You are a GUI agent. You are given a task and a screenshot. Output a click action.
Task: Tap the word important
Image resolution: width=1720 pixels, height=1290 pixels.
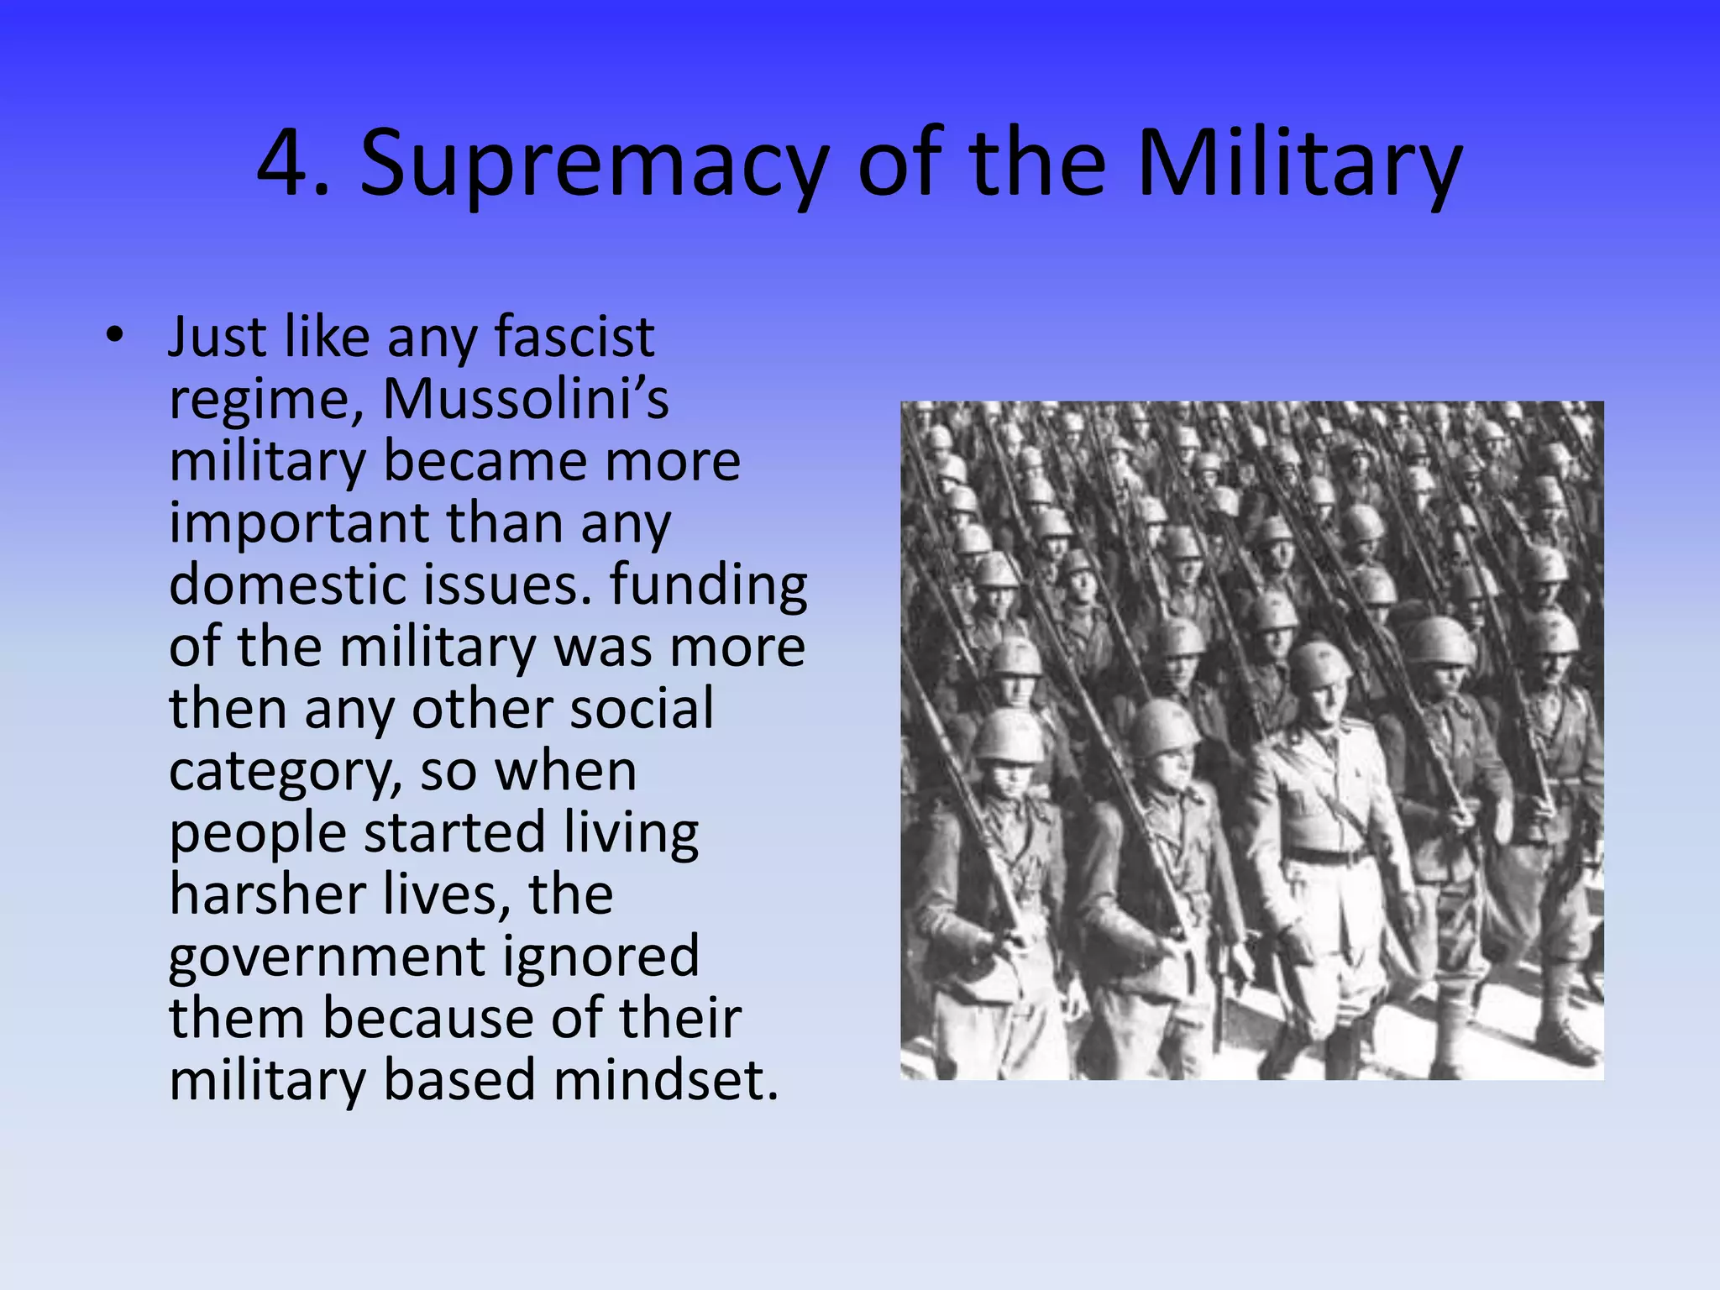click(299, 524)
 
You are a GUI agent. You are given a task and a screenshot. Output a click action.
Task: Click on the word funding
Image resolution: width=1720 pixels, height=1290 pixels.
click(708, 585)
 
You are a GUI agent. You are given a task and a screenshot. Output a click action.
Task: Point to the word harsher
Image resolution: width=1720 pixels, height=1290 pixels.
click(267, 894)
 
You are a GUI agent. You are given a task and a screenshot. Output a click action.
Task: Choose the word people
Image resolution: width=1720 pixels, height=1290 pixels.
click(258, 834)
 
